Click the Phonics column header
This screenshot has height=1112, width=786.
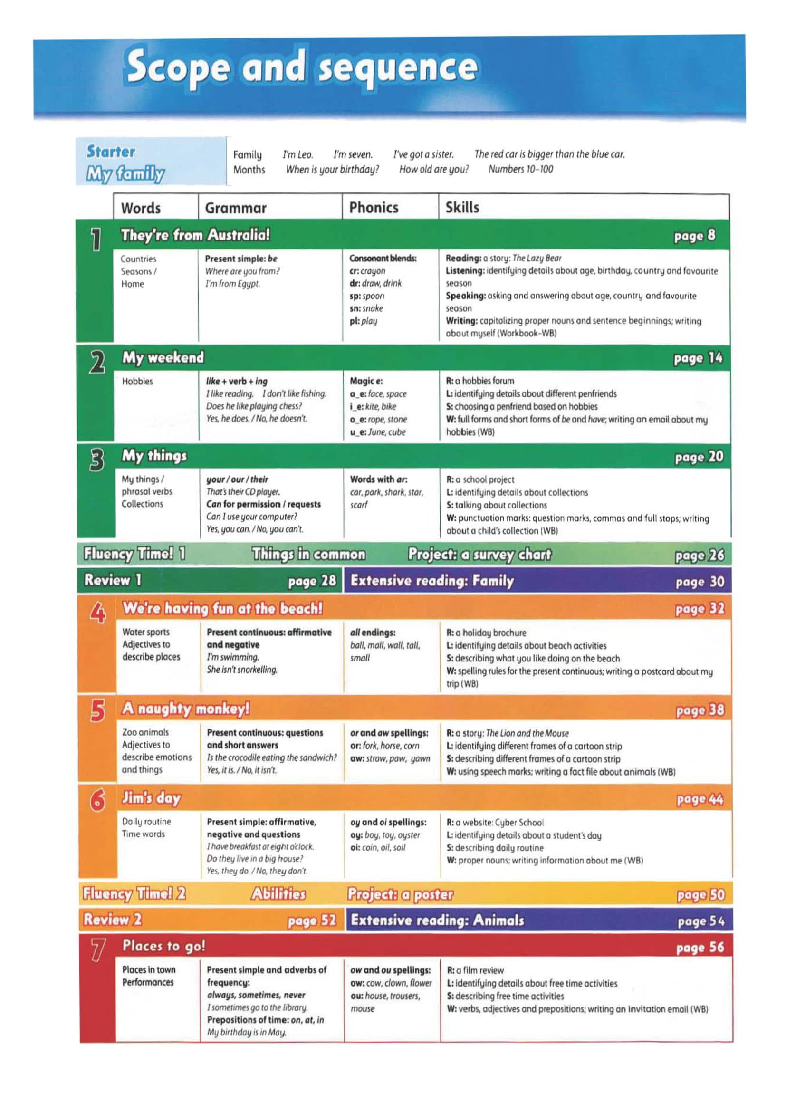coord(374,208)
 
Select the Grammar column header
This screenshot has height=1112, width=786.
coord(235,208)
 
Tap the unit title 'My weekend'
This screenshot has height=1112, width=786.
coord(163,357)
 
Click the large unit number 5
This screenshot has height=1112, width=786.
coord(97,711)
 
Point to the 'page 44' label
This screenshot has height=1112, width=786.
coord(700,799)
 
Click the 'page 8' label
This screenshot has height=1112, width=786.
coord(694,236)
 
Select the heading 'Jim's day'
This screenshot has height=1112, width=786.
coord(151,798)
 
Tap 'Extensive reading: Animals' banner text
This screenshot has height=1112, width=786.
coord(437,920)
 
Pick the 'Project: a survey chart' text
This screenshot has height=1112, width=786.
coord(479,554)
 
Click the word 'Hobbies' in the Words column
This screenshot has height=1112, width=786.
coord(137,382)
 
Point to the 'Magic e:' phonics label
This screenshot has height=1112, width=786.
coord(366,381)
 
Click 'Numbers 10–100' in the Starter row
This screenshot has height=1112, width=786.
coord(520,169)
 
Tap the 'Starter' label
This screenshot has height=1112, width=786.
coord(111,152)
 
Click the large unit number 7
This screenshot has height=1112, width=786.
coord(97,950)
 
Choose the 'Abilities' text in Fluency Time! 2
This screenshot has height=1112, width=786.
coord(278,893)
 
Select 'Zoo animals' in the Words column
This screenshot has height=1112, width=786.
coord(145,732)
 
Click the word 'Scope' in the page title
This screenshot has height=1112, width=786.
coord(178,68)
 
